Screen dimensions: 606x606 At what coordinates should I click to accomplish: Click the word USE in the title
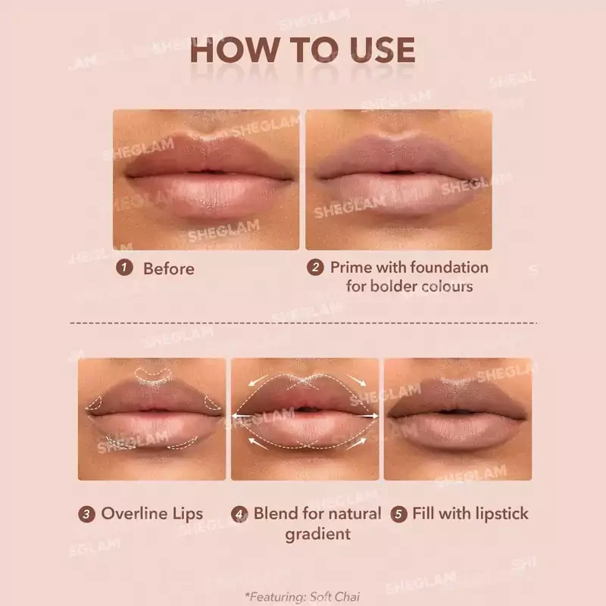[x=383, y=50]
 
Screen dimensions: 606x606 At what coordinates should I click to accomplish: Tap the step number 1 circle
[x=124, y=267]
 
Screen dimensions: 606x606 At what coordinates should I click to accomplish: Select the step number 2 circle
[x=315, y=267]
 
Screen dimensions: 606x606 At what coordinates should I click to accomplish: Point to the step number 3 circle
[x=86, y=514]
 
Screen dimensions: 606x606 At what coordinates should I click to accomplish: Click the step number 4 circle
[x=239, y=514]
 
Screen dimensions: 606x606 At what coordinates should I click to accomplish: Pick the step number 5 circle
[x=399, y=514]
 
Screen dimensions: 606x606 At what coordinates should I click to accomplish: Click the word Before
[x=169, y=269]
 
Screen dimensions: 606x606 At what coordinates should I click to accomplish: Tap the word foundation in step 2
[x=449, y=267]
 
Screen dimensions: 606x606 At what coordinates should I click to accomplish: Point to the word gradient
[x=317, y=535]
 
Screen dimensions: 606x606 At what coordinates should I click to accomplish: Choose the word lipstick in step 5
[x=502, y=514]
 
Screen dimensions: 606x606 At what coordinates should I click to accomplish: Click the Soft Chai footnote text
[x=302, y=597]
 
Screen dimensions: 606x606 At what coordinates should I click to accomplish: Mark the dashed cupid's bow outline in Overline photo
[x=153, y=373]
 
